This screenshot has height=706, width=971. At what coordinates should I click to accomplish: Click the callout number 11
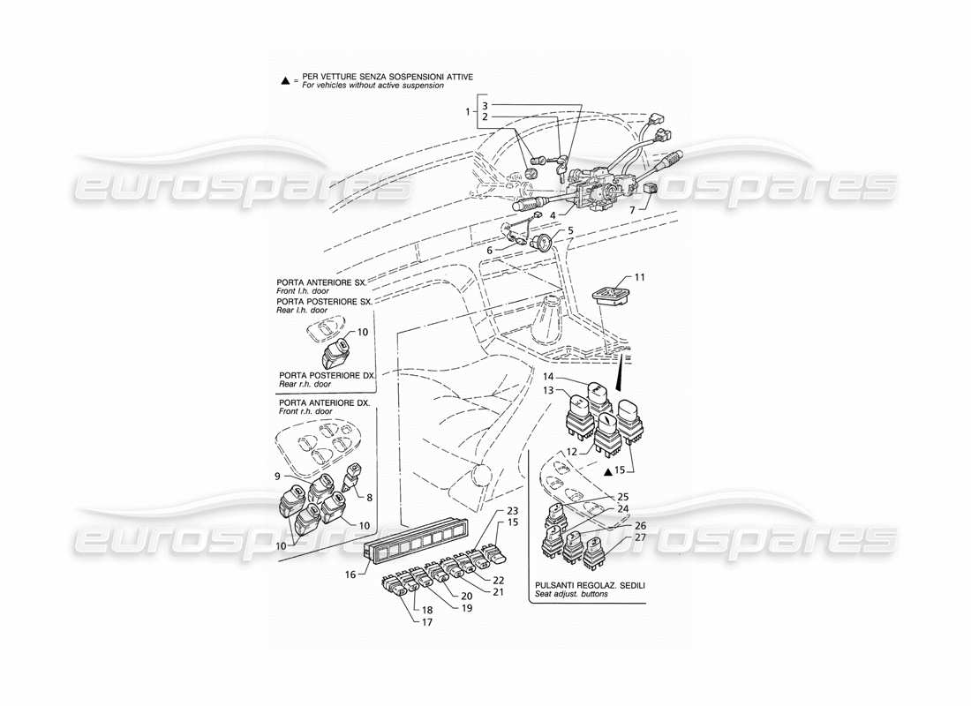point(640,278)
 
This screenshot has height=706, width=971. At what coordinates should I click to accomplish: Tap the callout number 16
point(351,575)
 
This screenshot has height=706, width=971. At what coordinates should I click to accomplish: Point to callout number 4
point(552,214)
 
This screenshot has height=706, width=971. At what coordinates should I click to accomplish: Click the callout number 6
point(489,251)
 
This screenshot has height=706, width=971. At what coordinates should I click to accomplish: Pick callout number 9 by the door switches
point(276,477)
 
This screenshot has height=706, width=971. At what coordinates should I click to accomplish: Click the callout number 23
point(512,512)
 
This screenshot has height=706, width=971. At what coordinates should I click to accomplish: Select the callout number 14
point(547,377)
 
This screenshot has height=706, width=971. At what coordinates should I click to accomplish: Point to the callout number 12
point(571,452)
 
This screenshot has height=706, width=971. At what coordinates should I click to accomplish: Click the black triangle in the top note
point(285,81)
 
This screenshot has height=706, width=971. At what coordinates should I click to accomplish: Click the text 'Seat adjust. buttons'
point(568,596)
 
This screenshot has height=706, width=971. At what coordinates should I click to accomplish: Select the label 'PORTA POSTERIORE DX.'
point(327,376)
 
